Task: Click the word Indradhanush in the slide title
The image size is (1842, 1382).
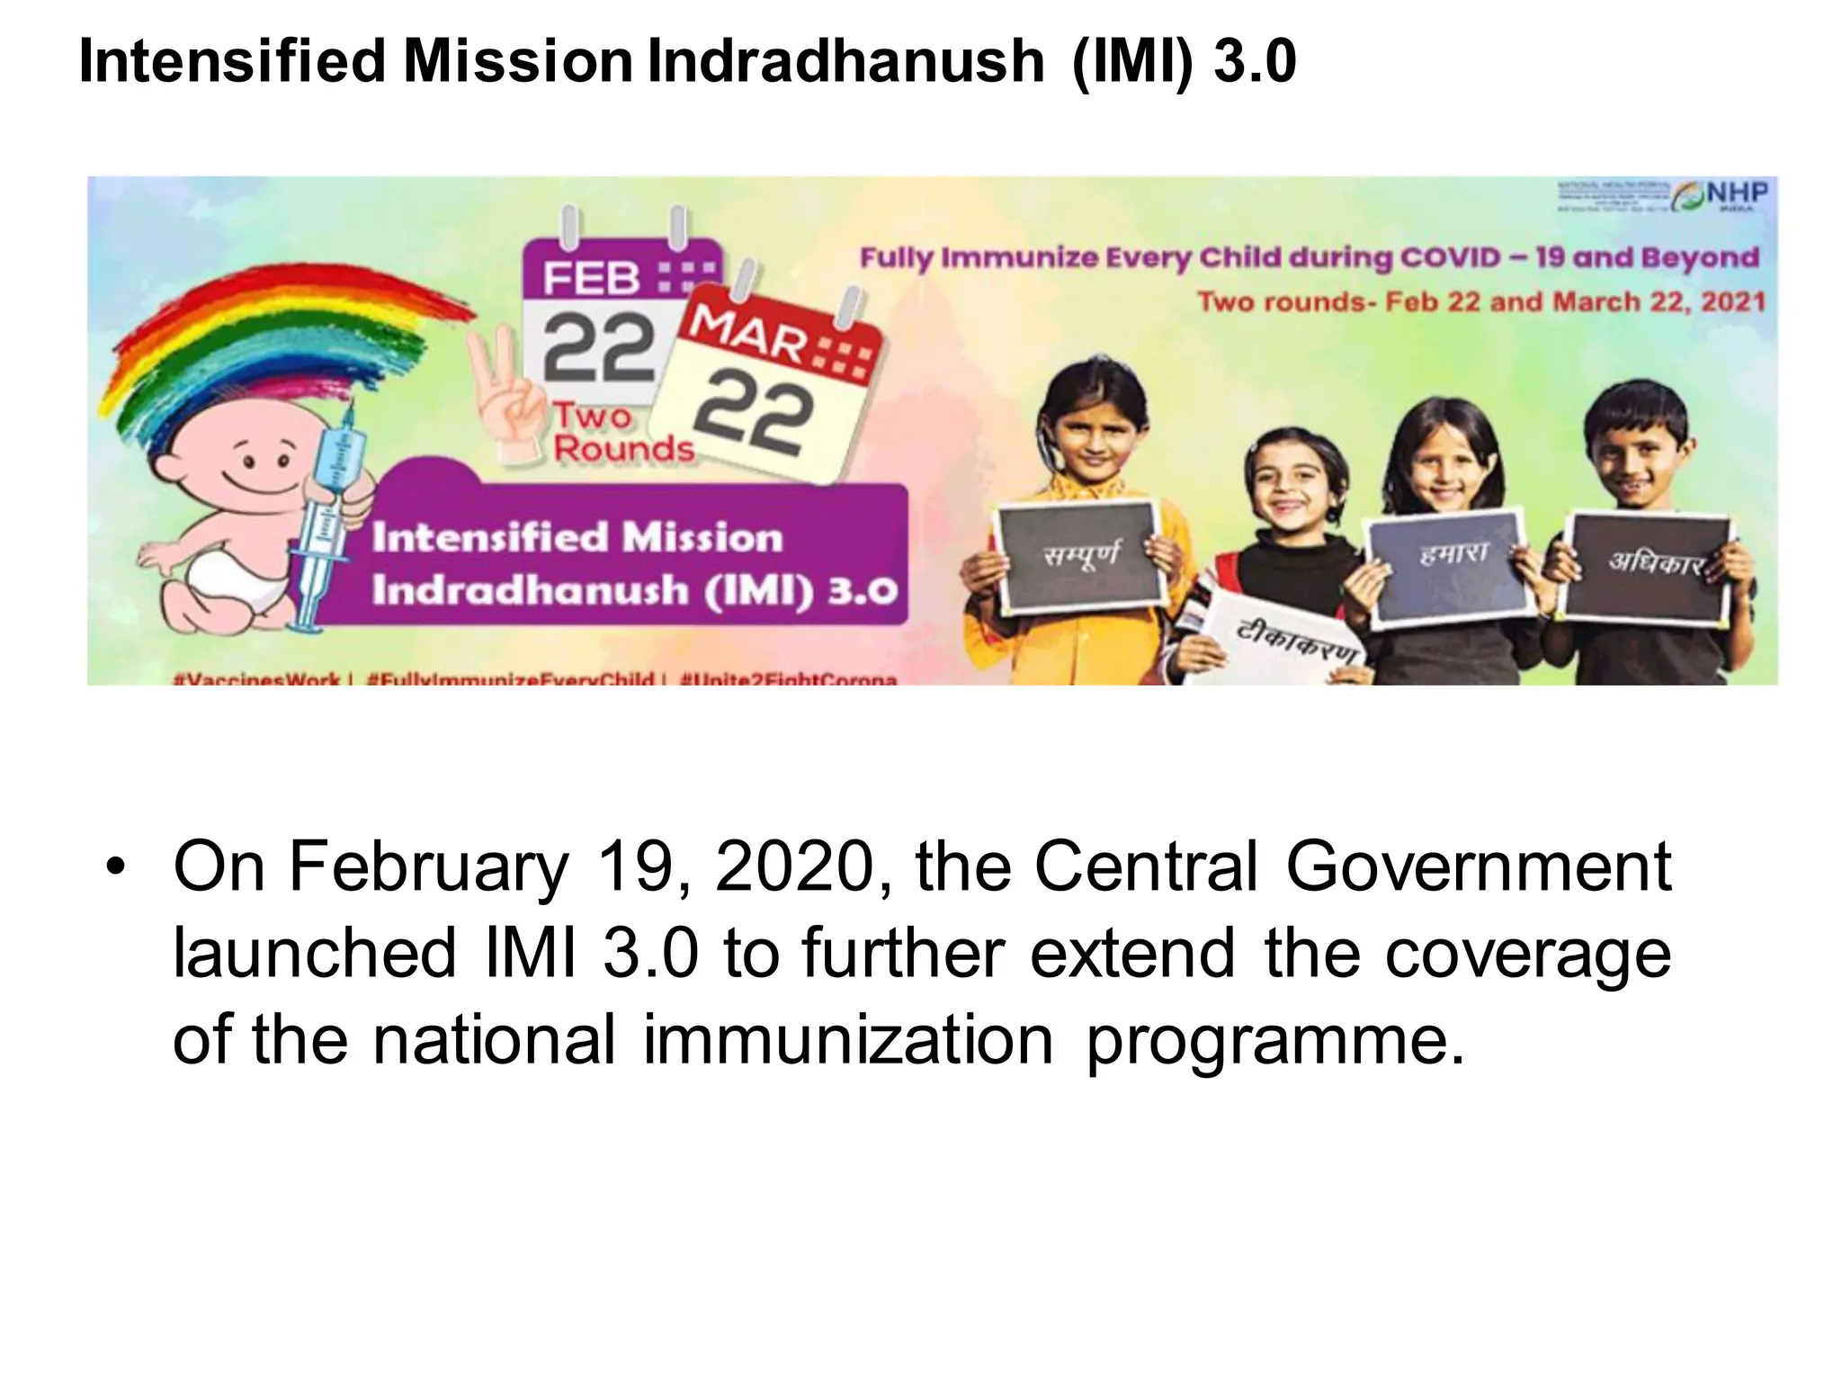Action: [845, 61]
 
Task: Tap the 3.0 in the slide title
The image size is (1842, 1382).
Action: [1255, 61]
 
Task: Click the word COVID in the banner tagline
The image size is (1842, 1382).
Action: [1448, 257]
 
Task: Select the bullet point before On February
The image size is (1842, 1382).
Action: [115, 867]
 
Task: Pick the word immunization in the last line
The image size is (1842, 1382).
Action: [847, 1039]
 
